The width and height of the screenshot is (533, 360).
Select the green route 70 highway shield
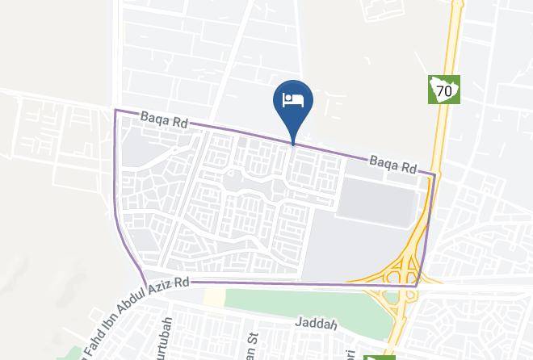(443, 90)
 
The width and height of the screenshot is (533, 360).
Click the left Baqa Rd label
(164, 120)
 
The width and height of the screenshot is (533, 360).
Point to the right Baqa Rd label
(393, 165)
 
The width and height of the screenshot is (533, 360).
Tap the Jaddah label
(316, 324)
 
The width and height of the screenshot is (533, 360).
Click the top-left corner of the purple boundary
(115, 111)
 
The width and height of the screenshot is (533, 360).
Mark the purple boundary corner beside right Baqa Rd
(434, 174)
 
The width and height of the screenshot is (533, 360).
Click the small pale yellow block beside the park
(213, 298)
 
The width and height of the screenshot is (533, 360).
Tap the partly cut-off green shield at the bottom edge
(379, 356)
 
